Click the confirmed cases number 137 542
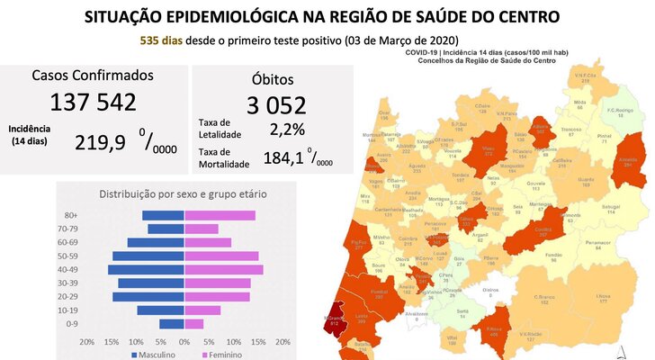click(x=94, y=102)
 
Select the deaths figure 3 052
click(x=266, y=105)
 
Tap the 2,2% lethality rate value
click(x=287, y=129)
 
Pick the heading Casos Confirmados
click(x=94, y=76)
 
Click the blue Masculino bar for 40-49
click(x=146, y=270)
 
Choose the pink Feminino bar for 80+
click(x=220, y=215)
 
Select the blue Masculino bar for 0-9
click(x=171, y=324)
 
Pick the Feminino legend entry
click(x=224, y=355)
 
